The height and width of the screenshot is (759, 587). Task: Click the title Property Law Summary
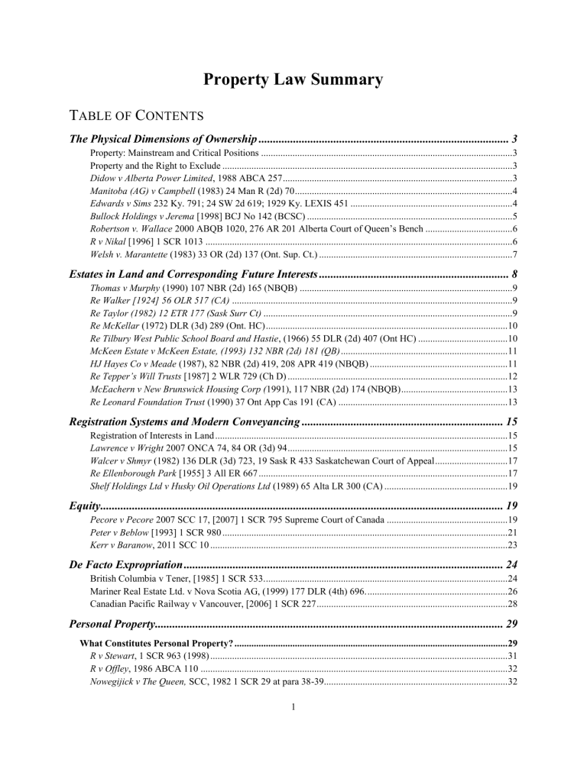click(x=293, y=79)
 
